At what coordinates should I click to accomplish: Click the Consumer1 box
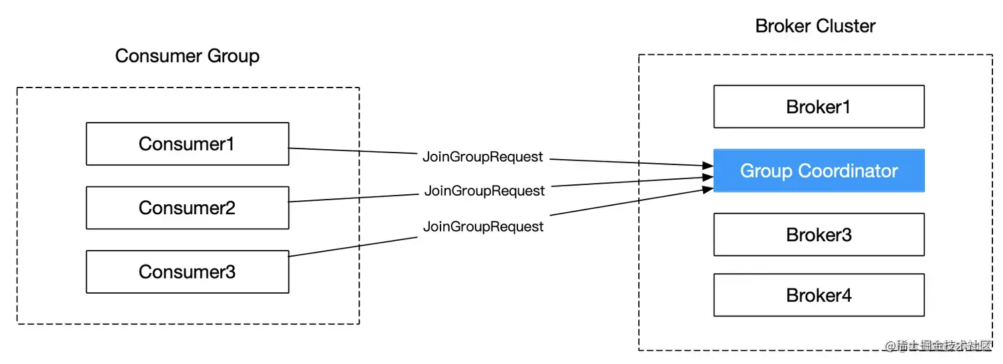coord(187,144)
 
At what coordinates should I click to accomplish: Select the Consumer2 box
coord(187,208)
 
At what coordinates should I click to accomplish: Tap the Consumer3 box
coord(187,272)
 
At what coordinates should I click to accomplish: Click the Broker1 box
coord(819,107)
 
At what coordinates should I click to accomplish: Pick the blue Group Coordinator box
coord(819,171)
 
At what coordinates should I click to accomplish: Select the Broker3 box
coord(819,235)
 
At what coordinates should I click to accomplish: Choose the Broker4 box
coord(819,295)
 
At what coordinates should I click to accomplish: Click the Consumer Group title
coord(187,56)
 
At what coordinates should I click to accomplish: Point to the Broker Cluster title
coord(815,27)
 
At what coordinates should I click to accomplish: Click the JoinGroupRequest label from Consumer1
coord(483,157)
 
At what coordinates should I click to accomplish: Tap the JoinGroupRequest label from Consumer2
coord(484,191)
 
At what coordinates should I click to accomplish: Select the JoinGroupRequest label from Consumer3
coord(484,227)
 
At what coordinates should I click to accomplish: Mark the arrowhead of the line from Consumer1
coord(708,165)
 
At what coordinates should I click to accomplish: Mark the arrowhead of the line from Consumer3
coord(708,190)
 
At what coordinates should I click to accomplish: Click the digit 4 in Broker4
coord(846,295)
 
